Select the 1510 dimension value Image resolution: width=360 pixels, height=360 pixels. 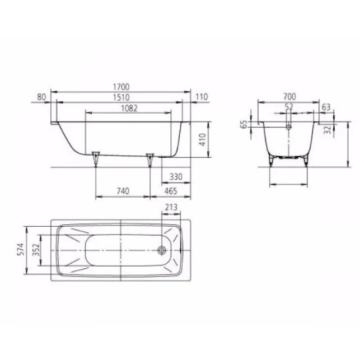[x=121, y=97]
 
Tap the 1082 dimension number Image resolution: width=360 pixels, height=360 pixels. [x=129, y=108]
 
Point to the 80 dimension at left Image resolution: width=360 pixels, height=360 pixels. [x=41, y=97]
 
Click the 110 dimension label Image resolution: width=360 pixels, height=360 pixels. [x=202, y=97]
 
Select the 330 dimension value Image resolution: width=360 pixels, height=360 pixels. [x=176, y=177]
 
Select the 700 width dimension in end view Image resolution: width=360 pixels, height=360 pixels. [x=289, y=97]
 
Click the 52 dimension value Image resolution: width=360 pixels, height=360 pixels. [x=289, y=106]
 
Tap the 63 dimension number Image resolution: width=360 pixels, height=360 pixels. [x=327, y=106]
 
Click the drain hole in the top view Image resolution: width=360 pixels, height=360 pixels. [x=162, y=250]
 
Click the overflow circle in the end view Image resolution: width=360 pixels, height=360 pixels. [x=289, y=127]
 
